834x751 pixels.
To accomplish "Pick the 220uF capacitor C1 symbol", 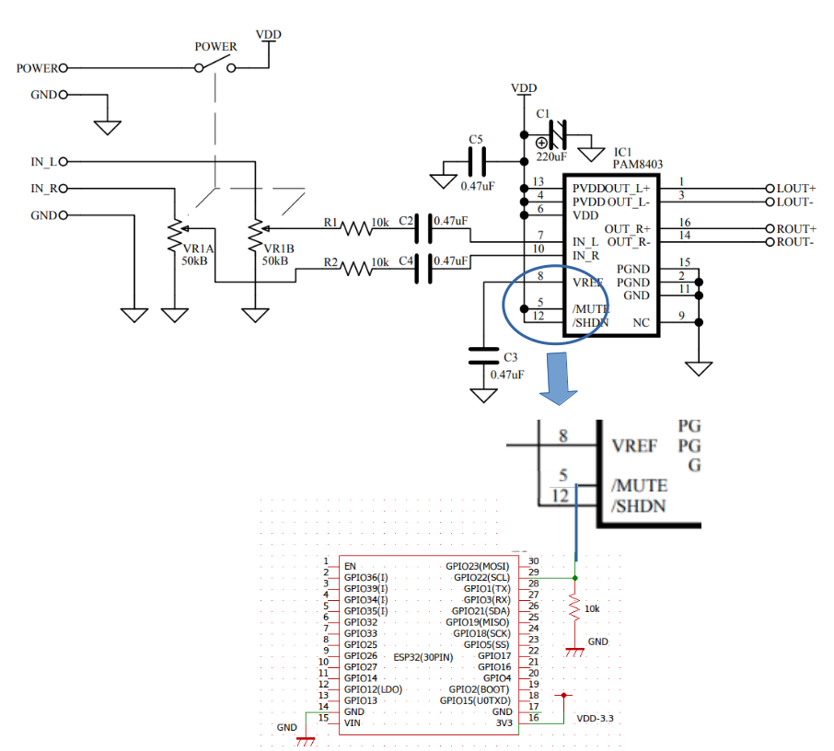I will point(556,137).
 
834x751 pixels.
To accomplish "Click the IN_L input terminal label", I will point(43,162).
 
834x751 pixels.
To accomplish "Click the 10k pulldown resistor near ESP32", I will point(574,608).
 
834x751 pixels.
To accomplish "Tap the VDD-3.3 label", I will point(594,717).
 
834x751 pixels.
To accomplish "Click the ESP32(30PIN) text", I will point(423,657).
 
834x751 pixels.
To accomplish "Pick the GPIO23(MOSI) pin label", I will point(476,565).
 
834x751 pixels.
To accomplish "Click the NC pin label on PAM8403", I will point(641,322).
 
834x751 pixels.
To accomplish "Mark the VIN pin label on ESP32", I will point(352,722).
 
